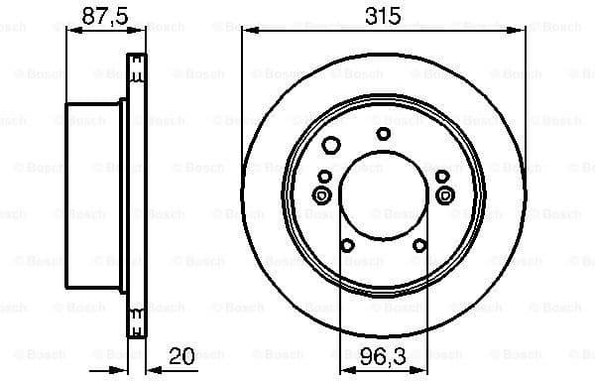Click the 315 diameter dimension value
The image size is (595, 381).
point(382,15)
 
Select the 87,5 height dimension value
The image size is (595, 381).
point(96,15)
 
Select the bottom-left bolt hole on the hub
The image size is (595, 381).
point(346,244)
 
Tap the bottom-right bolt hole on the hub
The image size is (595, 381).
point(419,244)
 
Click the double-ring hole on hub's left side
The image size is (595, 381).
point(322,195)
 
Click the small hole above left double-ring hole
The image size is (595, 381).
point(323,177)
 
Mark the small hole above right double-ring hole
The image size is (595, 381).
point(442,177)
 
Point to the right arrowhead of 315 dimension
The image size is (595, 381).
point(521,29)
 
